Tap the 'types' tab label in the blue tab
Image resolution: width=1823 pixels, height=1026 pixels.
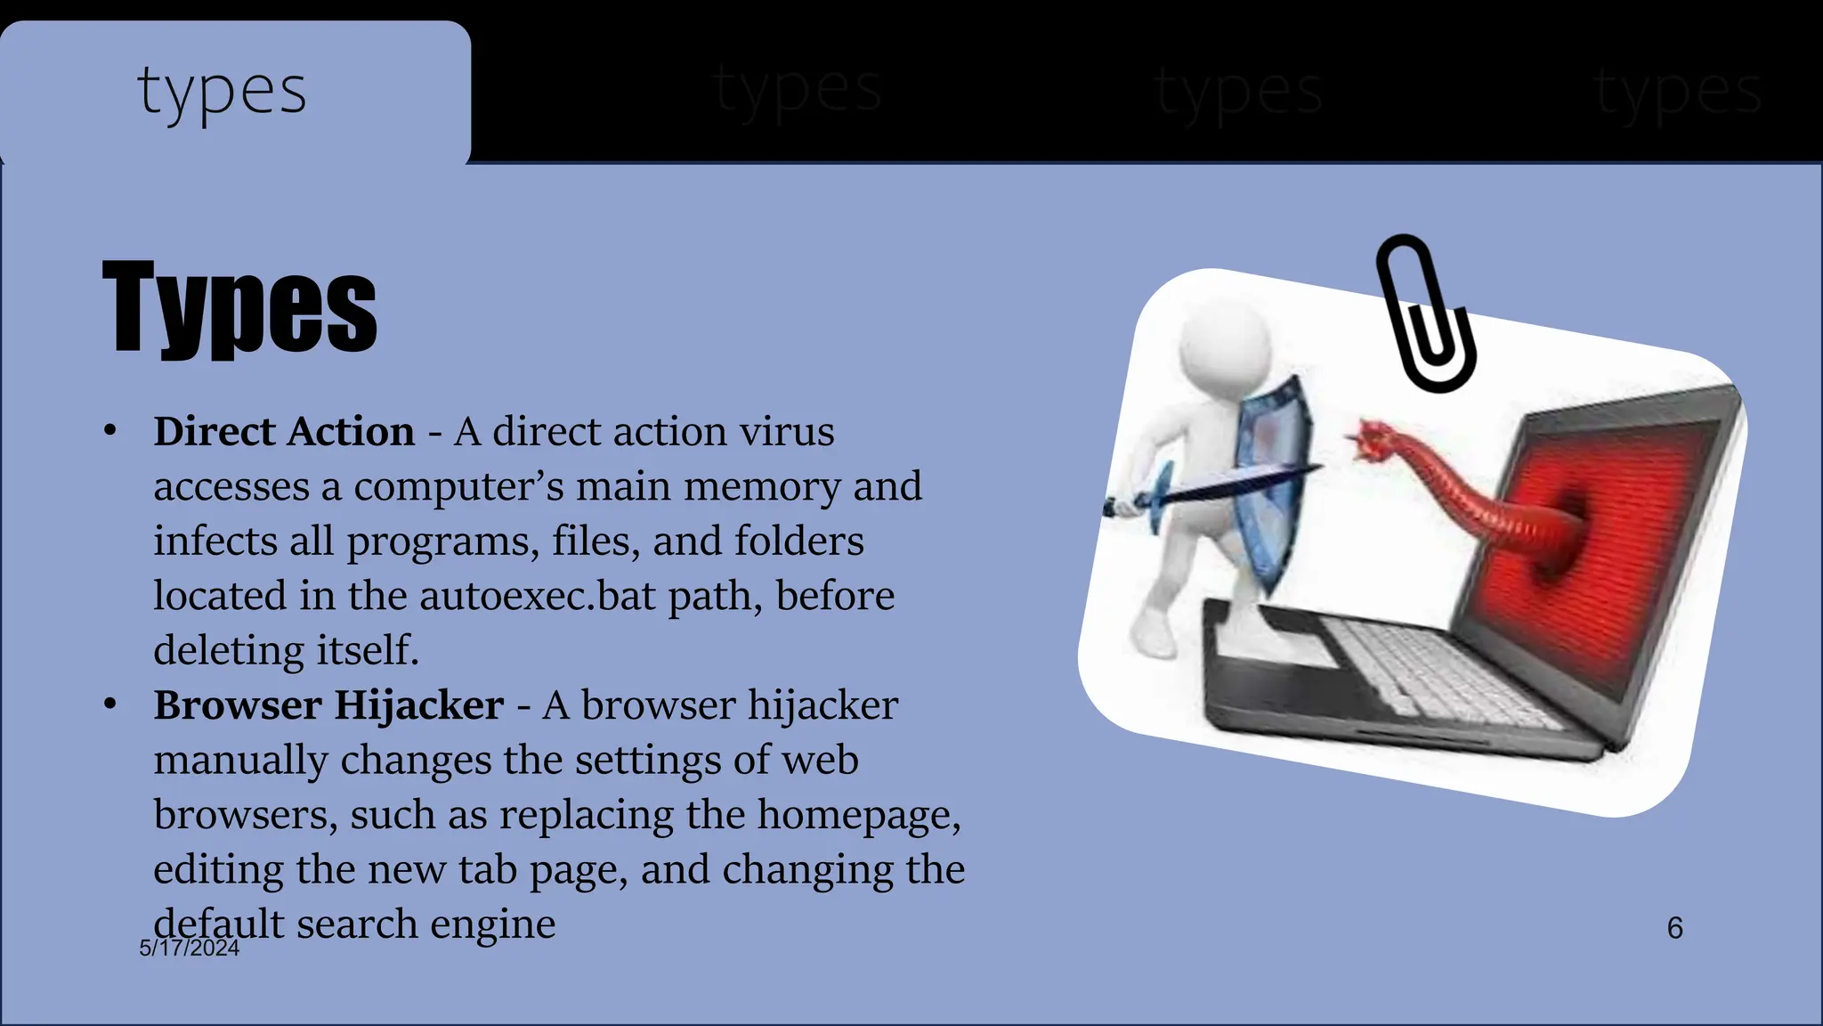(222, 92)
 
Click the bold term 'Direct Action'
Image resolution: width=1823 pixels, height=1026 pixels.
(284, 432)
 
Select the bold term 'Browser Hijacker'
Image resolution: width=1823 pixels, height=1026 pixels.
(328, 705)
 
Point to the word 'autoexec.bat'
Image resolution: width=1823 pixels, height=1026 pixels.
(538, 596)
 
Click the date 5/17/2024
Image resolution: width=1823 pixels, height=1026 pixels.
(190, 948)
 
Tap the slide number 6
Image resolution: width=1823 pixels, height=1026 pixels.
(1674, 928)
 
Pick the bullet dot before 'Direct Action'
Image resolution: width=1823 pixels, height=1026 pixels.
(110, 431)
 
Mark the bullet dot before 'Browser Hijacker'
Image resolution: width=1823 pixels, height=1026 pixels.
(110, 704)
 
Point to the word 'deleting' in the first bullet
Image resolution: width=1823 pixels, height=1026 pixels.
(230, 651)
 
